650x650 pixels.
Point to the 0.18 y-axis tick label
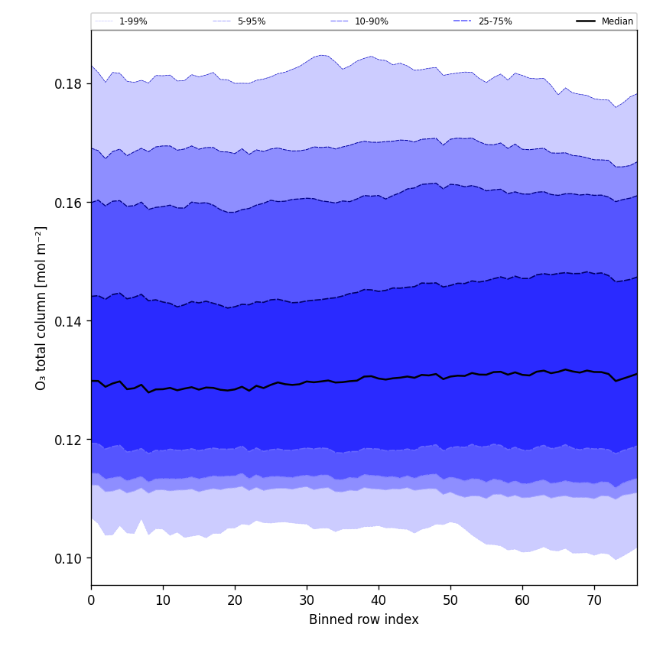pos(69,84)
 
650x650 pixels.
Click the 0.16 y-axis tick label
pos(69,203)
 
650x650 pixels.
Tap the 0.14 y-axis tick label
pos(69,322)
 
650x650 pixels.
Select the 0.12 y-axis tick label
pos(69,440)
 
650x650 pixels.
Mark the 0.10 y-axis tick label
pos(69,559)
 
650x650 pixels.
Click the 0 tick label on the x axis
pos(91,600)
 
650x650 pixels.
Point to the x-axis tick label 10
pos(163,600)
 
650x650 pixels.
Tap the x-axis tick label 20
pos(235,600)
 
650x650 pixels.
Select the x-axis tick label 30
pos(307,600)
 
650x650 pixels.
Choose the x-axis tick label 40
pos(379,600)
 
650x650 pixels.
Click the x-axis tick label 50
pos(450,600)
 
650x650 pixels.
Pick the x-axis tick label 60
pos(522,600)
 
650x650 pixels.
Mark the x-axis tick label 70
pos(594,600)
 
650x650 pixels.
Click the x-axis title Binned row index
pos(364,620)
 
